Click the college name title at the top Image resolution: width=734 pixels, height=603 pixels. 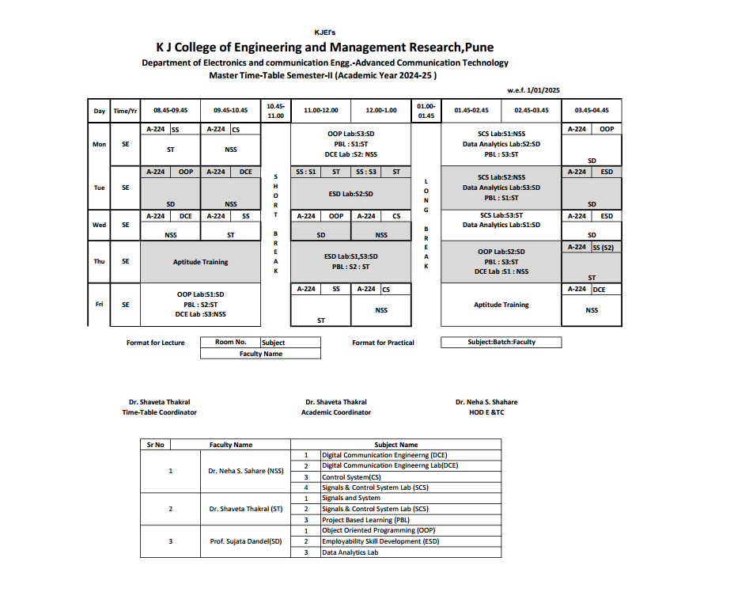324,47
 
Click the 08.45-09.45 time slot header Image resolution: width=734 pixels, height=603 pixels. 170,111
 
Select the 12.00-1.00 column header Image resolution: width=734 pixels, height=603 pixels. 381,111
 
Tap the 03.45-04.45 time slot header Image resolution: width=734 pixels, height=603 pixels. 592,111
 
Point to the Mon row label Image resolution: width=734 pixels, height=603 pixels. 99,145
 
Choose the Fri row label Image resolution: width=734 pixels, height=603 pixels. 99,304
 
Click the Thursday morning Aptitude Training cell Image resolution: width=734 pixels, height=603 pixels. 200,262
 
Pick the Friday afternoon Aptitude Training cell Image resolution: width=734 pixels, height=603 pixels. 501,305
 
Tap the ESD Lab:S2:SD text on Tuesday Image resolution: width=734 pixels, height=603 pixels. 350,193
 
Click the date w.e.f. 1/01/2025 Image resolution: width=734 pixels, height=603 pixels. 534,90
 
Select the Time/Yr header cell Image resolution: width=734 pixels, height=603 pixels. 125,111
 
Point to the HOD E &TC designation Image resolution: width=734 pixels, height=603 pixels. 486,412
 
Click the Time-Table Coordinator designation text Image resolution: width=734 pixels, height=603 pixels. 159,412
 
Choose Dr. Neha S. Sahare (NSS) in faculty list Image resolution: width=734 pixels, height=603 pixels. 245,471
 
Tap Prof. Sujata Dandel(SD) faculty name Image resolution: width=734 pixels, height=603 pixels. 245,541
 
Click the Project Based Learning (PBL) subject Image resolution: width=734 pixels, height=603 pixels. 360,520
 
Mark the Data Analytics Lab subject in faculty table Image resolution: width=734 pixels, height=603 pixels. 350,552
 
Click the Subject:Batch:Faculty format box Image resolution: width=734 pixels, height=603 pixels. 501,343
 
